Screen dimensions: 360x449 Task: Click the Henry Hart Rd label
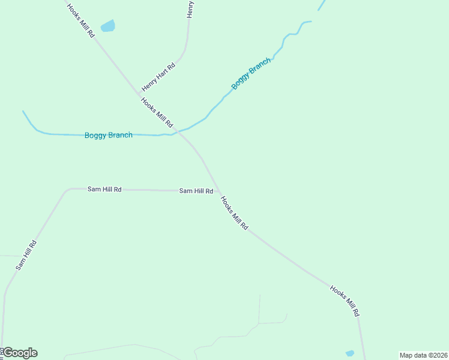158,77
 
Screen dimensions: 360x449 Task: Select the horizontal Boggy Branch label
108,135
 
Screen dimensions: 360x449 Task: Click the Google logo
20,353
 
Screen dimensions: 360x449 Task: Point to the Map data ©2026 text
423,355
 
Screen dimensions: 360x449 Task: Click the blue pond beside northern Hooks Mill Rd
108,26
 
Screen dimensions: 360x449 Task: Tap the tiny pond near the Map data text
350,353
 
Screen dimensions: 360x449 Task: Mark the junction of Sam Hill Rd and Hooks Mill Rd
217,191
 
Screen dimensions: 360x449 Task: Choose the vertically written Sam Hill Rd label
26,255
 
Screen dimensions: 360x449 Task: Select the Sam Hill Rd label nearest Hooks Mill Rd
196,191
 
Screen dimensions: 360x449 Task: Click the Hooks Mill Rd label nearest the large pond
81,21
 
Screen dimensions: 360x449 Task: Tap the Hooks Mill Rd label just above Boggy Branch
157,112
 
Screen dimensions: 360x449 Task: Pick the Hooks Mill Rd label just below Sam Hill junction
234,213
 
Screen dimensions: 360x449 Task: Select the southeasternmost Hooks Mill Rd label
345,301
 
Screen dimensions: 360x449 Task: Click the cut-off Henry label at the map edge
190,8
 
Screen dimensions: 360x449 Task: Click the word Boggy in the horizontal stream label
95,135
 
